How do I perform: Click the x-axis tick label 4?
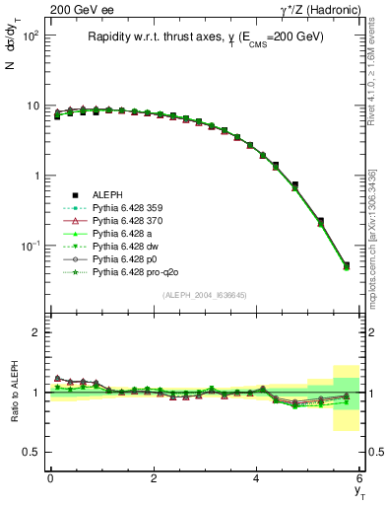coord(256,477)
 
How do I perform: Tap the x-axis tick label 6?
coord(359,477)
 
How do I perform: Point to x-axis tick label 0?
coord(50,477)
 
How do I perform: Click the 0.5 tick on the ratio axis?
coord(33,452)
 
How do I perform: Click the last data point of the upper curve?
coord(346,265)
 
